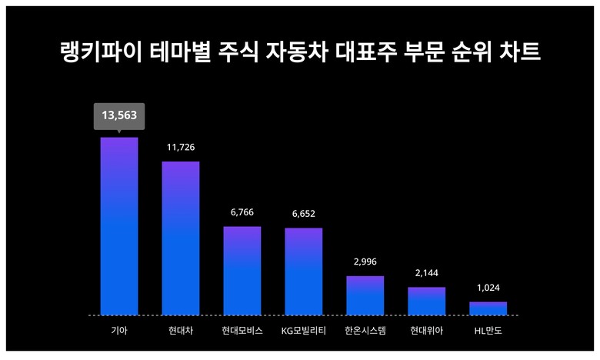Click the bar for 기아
(x=119, y=226)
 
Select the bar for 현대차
(x=181, y=238)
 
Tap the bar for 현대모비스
(x=242, y=271)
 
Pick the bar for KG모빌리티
(x=304, y=272)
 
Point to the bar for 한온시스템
(x=365, y=295)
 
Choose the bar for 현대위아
(x=426, y=301)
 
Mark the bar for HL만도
(x=488, y=308)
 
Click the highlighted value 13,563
(x=119, y=115)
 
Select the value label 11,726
(x=181, y=146)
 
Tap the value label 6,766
(x=242, y=212)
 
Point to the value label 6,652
(x=304, y=213)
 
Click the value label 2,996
(x=365, y=262)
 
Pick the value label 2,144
(x=426, y=273)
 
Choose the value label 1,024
(x=488, y=288)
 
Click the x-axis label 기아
(x=119, y=332)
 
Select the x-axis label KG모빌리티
(x=304, y=332)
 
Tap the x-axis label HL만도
(x=488, y=332)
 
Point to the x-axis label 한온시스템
(x=365, y=332)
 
